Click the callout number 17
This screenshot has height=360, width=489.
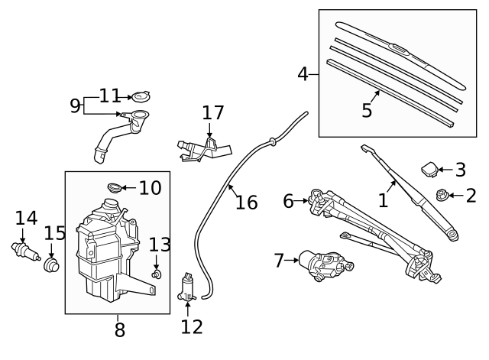click(x=213, y=113)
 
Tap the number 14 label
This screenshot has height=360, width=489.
click(x=26, y=219)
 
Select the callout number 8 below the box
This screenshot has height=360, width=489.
click(x=118, y=330)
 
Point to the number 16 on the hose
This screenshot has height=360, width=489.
click(x=246, y=202)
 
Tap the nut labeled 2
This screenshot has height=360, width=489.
click(x=442, y=196)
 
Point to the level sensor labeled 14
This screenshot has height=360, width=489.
click(x=23, y=250)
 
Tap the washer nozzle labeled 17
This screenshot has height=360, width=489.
click(x=200, y=147)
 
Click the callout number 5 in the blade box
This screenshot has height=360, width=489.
click(x=367, y=111)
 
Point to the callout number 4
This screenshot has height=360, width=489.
click(x=303, y=74)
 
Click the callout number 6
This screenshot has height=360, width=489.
click(x=288, y=201)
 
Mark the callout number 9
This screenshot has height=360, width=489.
click(x=75, y=105)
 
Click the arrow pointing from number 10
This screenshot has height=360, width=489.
click(x=128, y=187)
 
